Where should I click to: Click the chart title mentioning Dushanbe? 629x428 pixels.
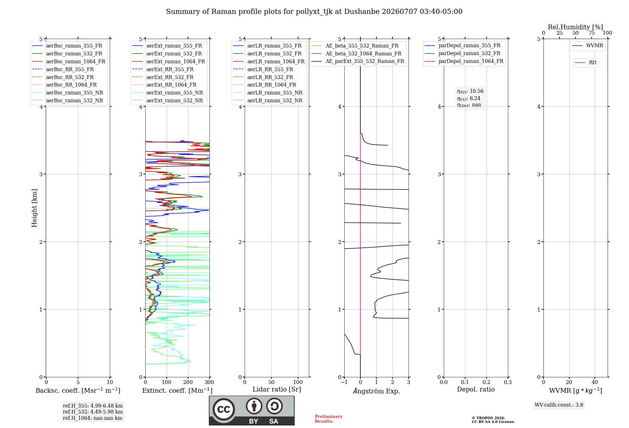tap(314, 12)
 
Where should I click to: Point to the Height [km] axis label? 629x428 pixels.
tap(34, 208)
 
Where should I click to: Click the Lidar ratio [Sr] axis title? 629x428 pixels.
tap(277, 389)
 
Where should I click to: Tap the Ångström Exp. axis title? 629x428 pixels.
tap(376, 391)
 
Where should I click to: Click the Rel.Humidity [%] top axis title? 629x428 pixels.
tap(576, 27)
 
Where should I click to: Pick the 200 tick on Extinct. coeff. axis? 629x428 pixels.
tap(188, 382)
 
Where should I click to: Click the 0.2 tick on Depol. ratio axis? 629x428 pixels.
tap(487, 382)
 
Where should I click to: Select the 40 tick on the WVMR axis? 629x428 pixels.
tap(595, 382)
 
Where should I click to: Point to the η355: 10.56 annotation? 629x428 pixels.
tap(470, 91)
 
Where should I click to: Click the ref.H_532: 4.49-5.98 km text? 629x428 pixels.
tap(93, 412)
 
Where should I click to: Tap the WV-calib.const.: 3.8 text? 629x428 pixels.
tap(559, 405)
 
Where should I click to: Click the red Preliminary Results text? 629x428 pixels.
tap(329, 419)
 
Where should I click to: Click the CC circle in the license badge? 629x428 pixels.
tap(224, 409)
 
